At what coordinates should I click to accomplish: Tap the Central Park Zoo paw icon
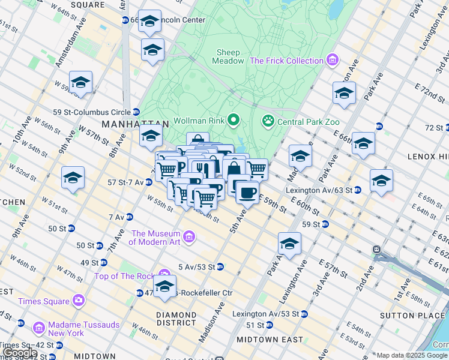click(x=268, y=121)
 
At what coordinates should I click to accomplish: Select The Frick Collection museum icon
click(x=331, y=61)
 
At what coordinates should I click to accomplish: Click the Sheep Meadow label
click(x=229, y=56)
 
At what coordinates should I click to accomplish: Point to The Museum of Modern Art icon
click(x=190, y=238)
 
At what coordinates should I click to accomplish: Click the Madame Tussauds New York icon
click(x=39, y=328)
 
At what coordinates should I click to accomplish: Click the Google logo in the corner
click(x=20, y=353)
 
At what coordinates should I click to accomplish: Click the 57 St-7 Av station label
click(x=125, y=182)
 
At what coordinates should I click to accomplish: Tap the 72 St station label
click(x=433, y=128)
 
